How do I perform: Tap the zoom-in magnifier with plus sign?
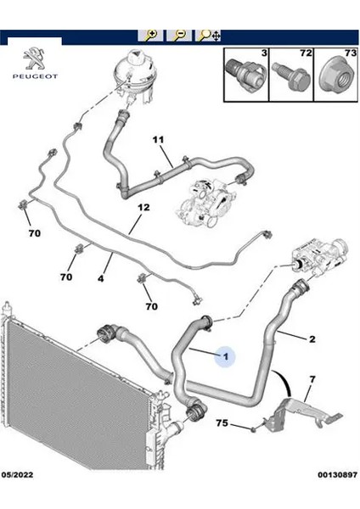[x=152, y=35]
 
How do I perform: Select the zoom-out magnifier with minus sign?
[x=179, y=35]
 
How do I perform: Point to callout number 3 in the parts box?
[x=264, y=53]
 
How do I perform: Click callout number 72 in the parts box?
[x=299, y=53]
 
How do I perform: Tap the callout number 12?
[x=143, y=207]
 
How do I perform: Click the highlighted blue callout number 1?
[x=225, y=358]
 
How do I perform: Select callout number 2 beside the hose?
[x=312, y=339]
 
